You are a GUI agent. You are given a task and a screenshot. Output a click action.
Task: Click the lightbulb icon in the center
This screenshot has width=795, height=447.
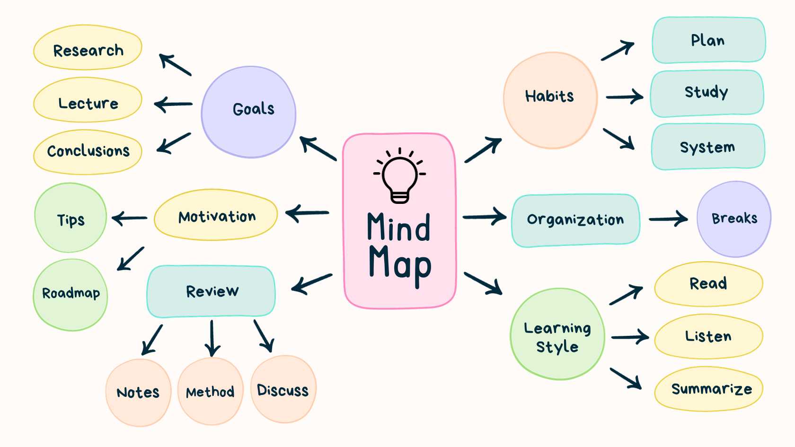(x=399, y=175)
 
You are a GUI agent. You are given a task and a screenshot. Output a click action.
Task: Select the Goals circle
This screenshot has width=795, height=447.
(x=248, y=112)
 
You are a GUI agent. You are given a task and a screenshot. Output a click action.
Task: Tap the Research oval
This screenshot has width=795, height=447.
(x=88, y=47)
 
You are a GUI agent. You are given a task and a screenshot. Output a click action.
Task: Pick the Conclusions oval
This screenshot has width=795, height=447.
(x=88, y=152)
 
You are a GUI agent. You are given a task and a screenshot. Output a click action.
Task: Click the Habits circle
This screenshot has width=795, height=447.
(x=550, y=100)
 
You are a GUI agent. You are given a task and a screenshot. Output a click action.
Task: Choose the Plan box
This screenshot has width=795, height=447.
(x=709, y=40)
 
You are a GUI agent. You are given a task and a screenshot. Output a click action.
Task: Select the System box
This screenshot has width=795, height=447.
(x=708, y=147)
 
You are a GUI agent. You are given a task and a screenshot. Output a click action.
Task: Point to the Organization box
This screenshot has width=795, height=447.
(x=575, y=220)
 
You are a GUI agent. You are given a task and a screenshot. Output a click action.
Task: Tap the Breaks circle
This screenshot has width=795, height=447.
(x=734, y=219)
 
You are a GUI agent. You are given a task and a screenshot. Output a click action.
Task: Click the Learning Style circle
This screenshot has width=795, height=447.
(x=557, y=334)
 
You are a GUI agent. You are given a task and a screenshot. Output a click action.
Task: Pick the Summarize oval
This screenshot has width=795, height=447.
(x=709, y=389)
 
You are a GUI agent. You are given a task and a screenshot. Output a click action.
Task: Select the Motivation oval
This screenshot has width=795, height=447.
(x=216, y=215)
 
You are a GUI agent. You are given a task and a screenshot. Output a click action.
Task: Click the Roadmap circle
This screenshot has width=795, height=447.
(x=70, y=295)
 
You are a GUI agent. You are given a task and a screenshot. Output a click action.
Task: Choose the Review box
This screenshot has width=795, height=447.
(x=211, y=291)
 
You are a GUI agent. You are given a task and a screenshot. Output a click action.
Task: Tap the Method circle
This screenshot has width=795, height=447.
(x=211, y=391)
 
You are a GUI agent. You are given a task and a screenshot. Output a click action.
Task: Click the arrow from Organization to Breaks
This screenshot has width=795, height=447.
(x=668, y=219)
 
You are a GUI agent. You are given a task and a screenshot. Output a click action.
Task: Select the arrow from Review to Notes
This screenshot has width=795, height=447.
(x=152, y=340)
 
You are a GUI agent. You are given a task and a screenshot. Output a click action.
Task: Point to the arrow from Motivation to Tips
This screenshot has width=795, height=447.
(x=129, y=218)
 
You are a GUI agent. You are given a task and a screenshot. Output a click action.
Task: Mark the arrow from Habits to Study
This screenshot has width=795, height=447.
(x=624, y=96)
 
